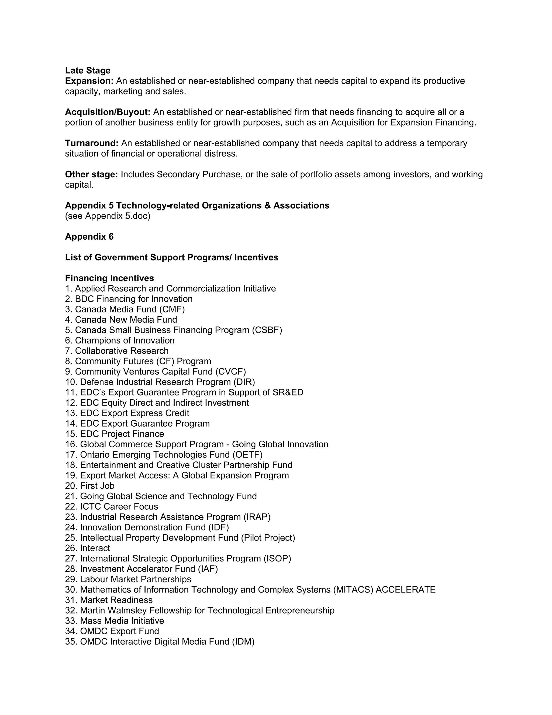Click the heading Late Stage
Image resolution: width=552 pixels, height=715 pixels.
coord(88,70)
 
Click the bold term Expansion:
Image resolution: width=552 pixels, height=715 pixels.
coord(89,81)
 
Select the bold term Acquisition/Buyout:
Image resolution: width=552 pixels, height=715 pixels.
coord(108,112)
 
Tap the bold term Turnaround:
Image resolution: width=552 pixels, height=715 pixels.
coord(92,143)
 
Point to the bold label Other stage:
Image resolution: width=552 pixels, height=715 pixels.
coord(91,174)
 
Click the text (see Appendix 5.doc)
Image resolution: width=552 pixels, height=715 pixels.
coord(108,216)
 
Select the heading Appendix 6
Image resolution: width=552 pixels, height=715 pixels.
coord(89,236)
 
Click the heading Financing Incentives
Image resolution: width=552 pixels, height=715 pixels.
coord(109,278)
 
